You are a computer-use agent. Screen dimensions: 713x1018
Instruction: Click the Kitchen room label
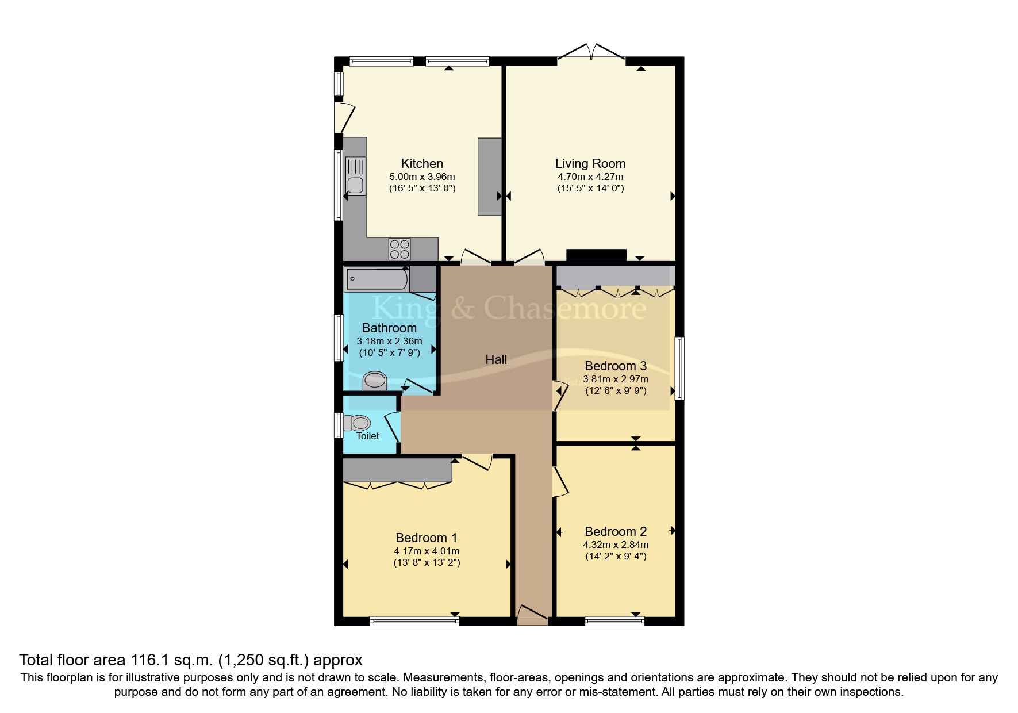422,164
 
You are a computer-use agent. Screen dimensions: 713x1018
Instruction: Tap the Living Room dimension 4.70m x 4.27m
590,177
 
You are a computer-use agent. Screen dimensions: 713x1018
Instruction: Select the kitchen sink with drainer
355,177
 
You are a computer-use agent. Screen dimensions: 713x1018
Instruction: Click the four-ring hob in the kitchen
399,249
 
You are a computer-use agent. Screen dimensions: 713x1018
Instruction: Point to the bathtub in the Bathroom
376,279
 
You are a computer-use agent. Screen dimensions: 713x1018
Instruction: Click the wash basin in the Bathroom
375,381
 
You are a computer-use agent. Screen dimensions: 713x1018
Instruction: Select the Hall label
495,360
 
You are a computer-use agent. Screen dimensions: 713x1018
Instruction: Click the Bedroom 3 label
615,366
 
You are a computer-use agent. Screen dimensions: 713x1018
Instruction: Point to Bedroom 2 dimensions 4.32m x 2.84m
615,545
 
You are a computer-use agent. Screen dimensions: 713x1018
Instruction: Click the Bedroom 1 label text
426,538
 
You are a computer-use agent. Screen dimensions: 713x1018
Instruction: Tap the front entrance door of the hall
532,616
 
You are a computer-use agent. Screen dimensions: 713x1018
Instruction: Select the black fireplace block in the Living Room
596,255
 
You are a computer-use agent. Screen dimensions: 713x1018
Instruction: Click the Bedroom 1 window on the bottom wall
414,621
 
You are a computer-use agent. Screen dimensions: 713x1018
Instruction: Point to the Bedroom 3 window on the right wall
679,368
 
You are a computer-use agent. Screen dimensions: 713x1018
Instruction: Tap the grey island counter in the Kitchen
489,177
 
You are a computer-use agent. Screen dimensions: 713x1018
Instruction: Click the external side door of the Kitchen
343,118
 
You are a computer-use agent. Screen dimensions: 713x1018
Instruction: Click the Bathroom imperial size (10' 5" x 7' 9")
389,353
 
